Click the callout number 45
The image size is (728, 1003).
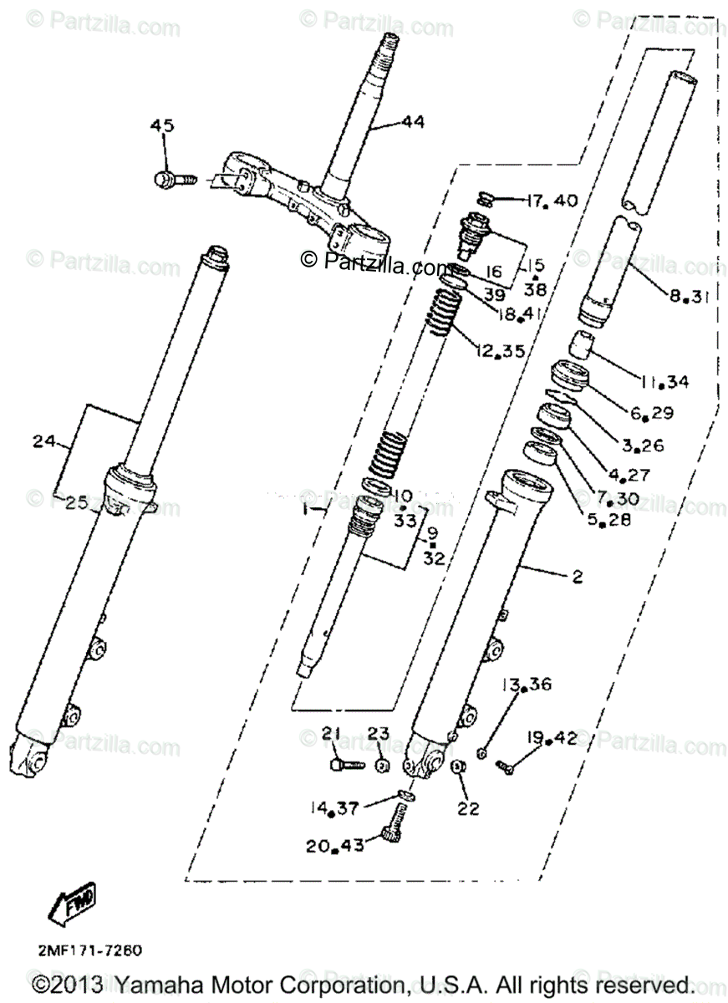(162, 126)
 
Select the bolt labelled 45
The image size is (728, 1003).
(172, 178)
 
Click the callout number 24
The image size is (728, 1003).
(43, 440)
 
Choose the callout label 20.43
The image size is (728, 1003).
(335, 846)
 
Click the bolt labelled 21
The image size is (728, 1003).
(342, 763)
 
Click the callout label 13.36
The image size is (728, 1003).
(526, 685)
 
